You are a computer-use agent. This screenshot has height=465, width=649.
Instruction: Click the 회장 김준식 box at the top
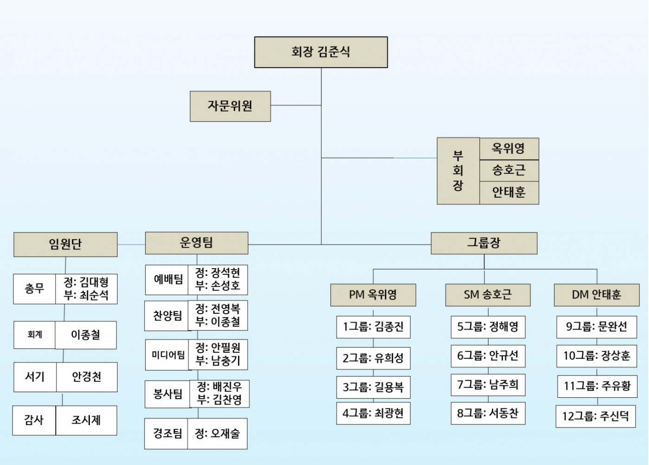[321, 52]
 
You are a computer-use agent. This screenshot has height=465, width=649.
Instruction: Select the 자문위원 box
[230, 106]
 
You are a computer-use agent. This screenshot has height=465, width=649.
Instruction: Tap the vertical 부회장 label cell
[458, 171]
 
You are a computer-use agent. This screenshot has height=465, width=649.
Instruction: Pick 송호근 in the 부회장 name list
[509, 170]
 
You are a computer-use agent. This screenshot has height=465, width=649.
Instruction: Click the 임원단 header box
[65, 244]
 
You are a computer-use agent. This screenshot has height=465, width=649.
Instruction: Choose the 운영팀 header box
[197, 243]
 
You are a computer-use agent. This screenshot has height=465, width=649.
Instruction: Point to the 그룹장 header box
[484, 243]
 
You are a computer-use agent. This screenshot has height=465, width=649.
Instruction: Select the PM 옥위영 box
[373, 295]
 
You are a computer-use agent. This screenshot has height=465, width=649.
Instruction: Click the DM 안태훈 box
[596, 295]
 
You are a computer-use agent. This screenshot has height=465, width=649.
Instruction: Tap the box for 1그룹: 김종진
[373, 327]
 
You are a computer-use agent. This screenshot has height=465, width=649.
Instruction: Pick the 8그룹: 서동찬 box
[488, 413]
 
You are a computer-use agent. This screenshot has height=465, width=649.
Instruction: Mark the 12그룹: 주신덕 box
[595, 416]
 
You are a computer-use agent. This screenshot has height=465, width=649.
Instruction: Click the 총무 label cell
[34, 289]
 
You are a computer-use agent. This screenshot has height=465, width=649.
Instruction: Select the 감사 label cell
[34, 420]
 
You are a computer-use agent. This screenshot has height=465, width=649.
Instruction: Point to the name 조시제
[86, 420]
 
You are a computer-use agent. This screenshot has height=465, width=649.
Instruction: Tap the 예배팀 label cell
[167, 279]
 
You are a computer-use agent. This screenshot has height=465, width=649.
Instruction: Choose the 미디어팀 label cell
[167, 355]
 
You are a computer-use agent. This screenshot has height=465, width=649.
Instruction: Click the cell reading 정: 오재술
[217, 434]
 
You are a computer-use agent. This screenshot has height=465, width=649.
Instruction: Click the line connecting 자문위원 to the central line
[296, 105]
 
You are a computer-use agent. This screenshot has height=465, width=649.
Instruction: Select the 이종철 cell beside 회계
[86, 335]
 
